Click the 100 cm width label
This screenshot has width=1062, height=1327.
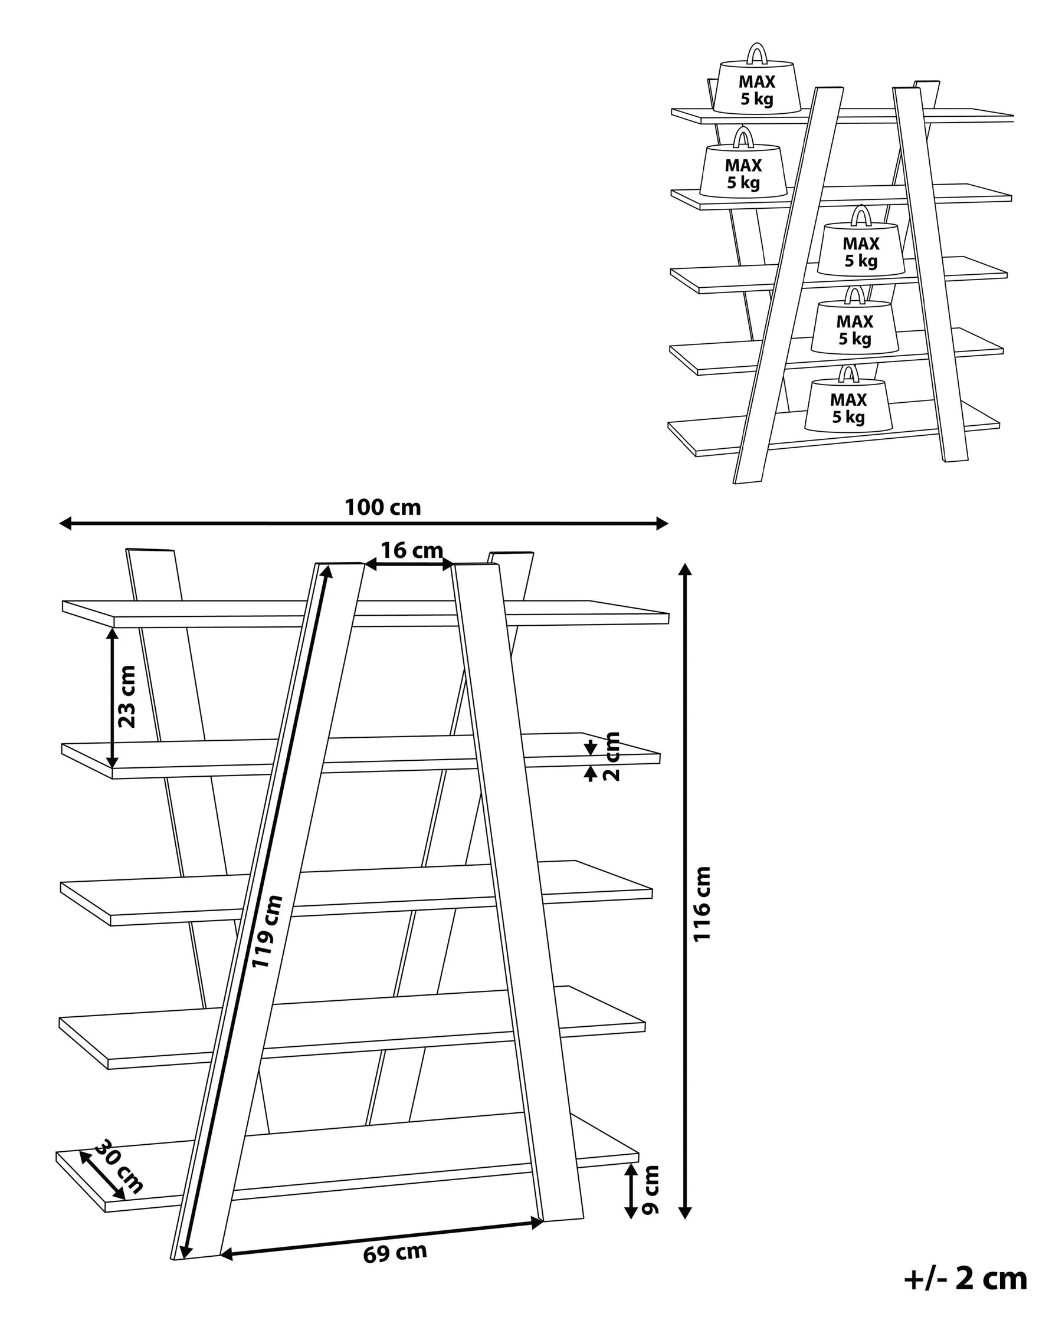(x=382, y=507)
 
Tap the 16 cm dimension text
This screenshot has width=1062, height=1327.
(x=411, y=550)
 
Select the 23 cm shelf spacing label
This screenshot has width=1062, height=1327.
(x=127, y=697)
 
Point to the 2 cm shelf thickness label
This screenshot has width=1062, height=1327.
(x=612, y=757)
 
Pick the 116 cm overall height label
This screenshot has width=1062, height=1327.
(x=702, y=904)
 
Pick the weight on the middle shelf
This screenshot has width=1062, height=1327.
(x=860, y=251)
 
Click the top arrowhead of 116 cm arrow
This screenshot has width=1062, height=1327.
(x=684, y=569)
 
